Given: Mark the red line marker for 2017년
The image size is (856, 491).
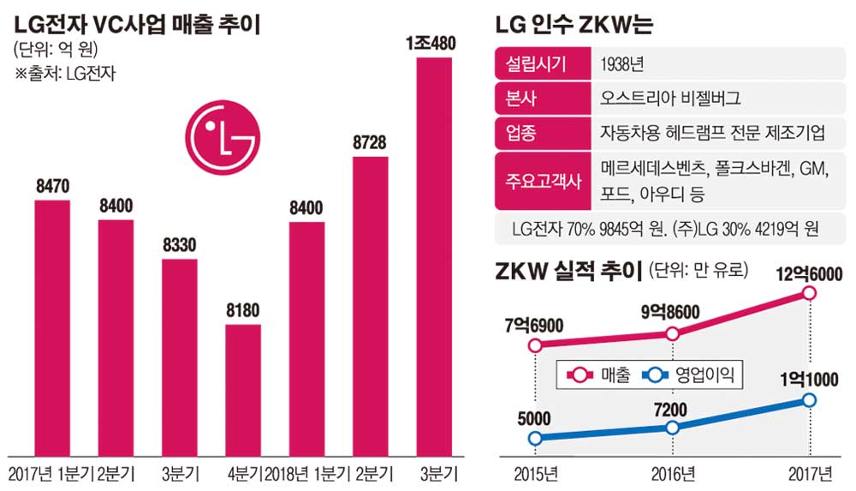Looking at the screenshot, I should [x=809, y=294].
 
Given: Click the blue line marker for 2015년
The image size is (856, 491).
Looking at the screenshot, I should [x=536, y=439].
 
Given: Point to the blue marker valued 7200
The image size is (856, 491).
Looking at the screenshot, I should [x=673, y=427].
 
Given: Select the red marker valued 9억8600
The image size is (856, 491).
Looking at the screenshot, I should [x=673, y=334].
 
